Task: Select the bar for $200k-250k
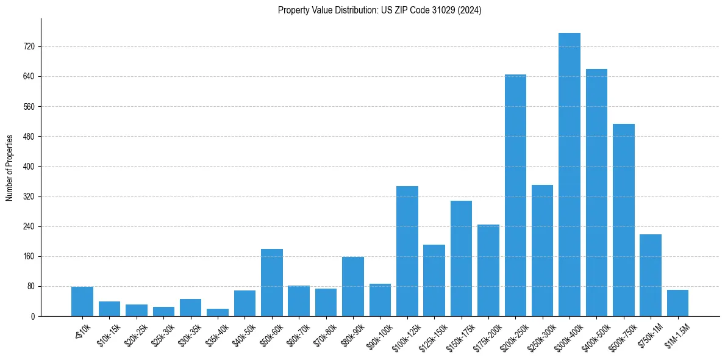(x=515, y=195)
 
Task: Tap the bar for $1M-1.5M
(x=677, y=303)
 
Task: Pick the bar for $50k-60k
(x=272, y=283)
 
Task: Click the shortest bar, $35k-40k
(x=218, y=312)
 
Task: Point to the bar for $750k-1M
(x=651, y=275)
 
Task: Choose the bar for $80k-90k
(x=353, y=287)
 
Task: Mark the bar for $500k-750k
(x=623, y=220)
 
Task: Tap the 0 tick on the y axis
(x=33, y=317)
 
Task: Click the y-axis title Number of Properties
(x=10, y=168)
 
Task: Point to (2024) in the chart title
(x=471, y=10)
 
